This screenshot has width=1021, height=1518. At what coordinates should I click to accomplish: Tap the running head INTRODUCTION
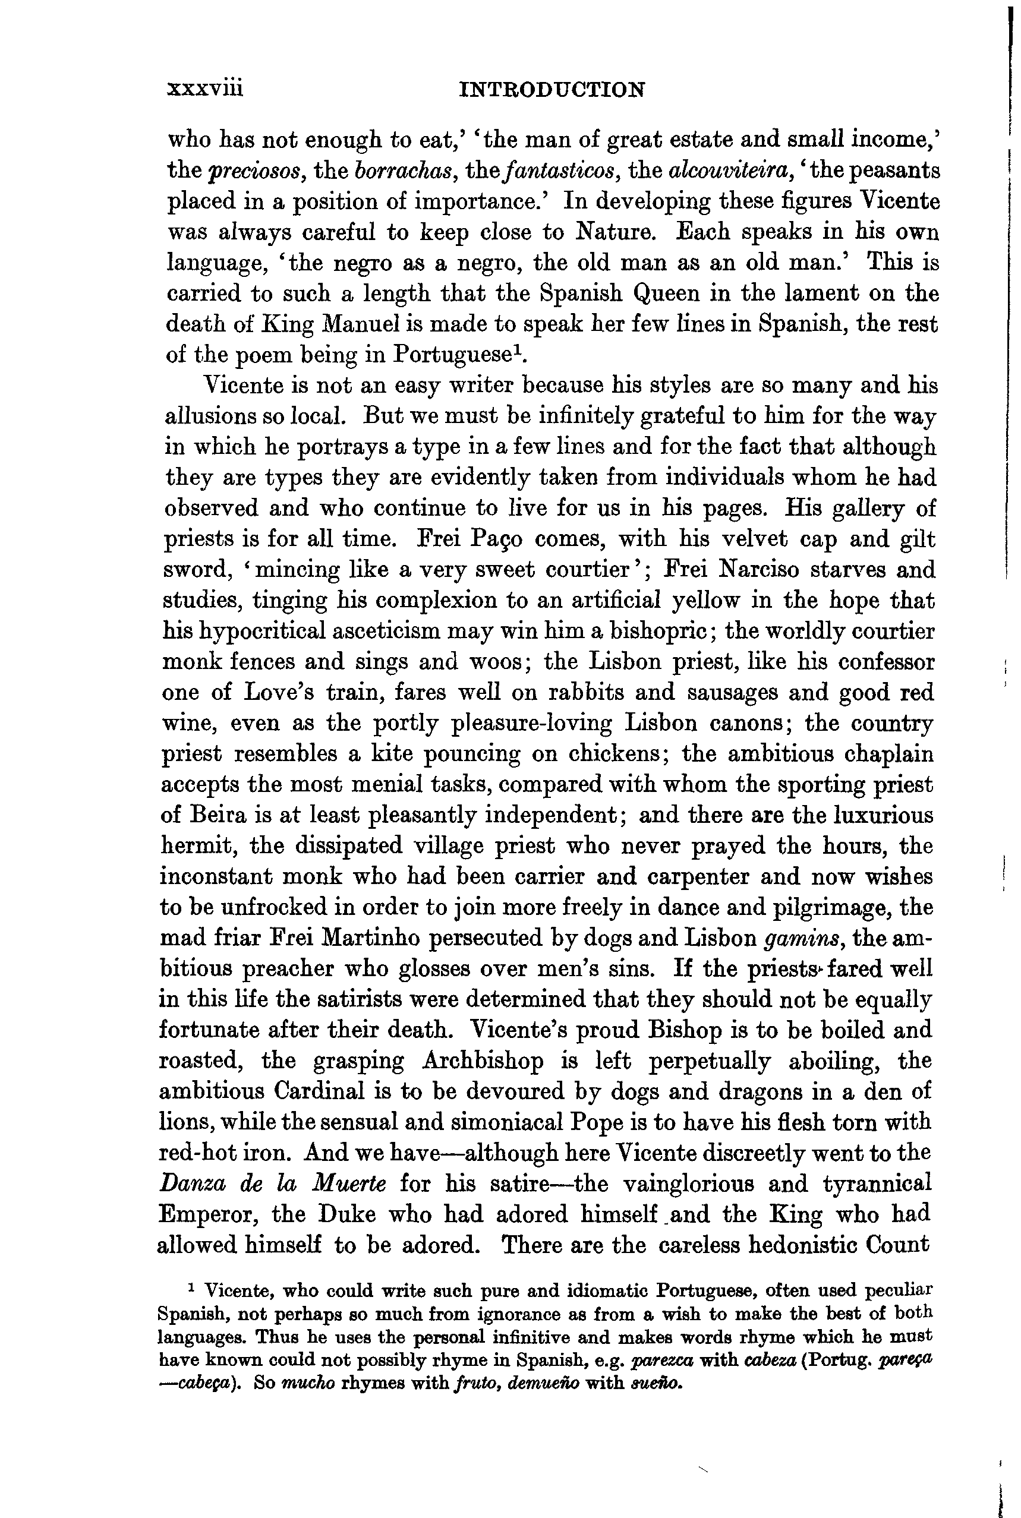[552, 89]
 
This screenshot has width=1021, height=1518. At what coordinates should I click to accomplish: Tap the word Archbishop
[483, 1061]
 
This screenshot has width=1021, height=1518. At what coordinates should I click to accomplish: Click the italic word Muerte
[349, 1184]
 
